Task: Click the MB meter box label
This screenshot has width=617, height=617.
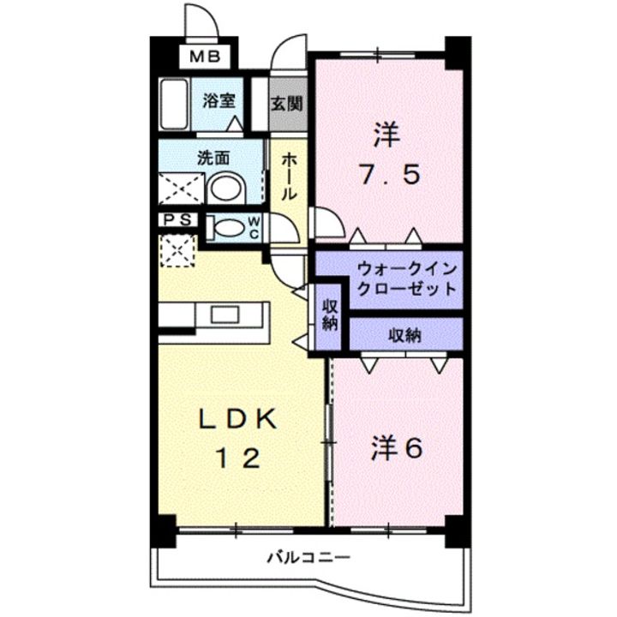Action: [205, 58]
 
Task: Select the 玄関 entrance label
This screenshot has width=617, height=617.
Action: [285, 104]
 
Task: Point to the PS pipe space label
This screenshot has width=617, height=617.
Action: [178, 219]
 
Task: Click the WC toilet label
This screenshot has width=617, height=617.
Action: [255, 226]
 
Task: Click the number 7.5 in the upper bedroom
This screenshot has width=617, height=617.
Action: [387, 176]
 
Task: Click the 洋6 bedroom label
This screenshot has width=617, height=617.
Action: [397, 448]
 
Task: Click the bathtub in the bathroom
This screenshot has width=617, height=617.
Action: [175, 104]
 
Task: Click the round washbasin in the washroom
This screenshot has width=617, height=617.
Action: [227, 188]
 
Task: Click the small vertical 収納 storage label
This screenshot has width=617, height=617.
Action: [330, 315]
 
